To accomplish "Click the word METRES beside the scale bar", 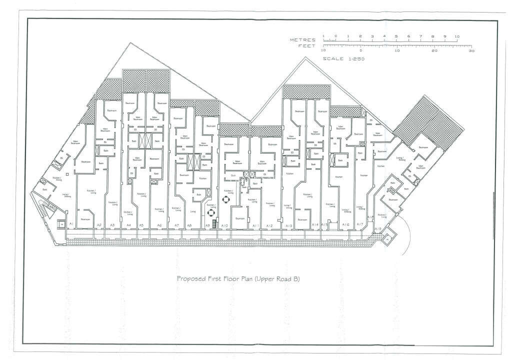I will point(302,39).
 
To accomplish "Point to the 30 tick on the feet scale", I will point(471,50).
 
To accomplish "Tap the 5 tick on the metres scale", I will point(396,36).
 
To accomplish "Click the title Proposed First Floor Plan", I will point(238,279).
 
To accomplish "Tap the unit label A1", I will point(71,223).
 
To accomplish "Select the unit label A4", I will point(128,225).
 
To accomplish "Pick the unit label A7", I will point(176,225).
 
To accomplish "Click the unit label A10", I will point(224,226).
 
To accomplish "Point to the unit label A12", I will point(269,226).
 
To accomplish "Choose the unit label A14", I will point(315,225).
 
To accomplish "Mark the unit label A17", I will point(359,225).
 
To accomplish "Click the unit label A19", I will point(378,228).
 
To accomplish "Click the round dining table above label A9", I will point(211,211).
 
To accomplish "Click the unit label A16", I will point(345,225).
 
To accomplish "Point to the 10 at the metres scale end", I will point(456,36).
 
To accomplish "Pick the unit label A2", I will point(99,225).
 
